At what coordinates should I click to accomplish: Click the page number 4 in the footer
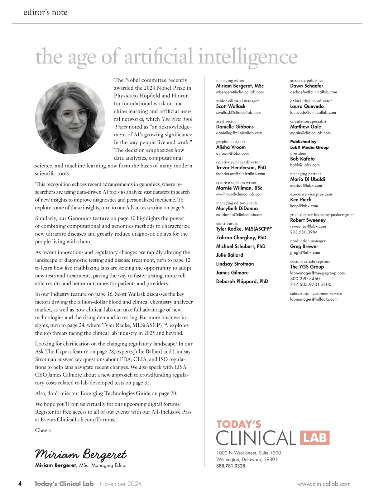coord(20,484)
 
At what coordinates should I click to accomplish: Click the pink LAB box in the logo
coord(315,438)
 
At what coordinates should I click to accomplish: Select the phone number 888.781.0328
coord(231,466)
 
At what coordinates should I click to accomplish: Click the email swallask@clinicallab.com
coord(238,112)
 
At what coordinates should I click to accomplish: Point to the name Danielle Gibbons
coord(235,127)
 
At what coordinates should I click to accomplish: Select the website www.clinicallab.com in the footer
coord(324,484)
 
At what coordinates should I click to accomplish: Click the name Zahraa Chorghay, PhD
coord(241,237)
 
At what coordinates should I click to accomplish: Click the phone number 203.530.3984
coord(304,232)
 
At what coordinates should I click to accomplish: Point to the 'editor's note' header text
coord(46,12)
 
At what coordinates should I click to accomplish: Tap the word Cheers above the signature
coord(44,430)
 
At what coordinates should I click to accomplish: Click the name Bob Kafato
coord(302,159)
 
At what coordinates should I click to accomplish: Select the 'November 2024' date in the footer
coord(121,484)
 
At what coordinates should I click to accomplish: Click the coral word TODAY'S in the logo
coord(239,424)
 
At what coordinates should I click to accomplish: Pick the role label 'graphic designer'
coord(231,142)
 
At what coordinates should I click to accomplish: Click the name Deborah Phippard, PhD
coord(242,281)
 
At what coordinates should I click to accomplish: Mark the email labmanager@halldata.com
coord(314,299)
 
